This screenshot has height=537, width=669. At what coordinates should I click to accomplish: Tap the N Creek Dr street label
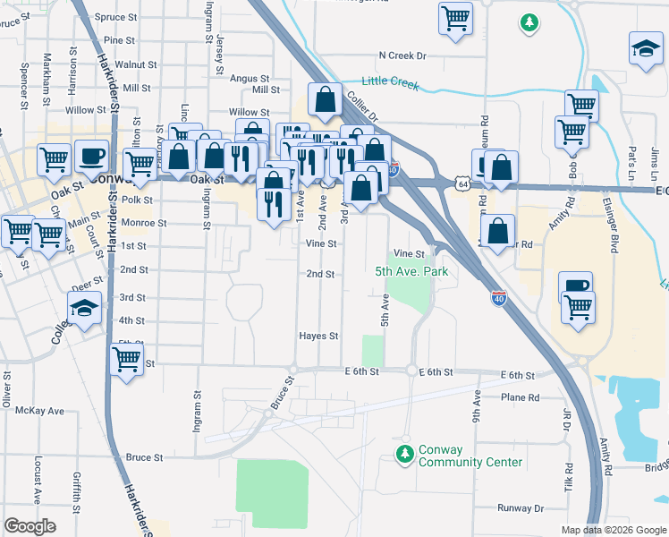pyautogui.click(x=402, y=55)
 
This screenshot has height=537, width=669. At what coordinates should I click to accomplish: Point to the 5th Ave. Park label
pyautogui.click(x=411, y=271)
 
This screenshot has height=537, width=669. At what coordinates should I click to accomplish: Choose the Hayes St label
pyautogui.click(x=319, y=337)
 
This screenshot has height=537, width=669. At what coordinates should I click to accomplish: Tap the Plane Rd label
pyautogui.click(x=521, y=397)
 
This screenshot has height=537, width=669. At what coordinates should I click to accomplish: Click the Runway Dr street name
pyautogui.click(x=521, y=508)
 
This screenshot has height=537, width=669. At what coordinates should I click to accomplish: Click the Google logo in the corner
pyautogui.click(x=30, y=526)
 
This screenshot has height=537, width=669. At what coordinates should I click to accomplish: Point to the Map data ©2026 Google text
pyautogui.click(x=613, y=530)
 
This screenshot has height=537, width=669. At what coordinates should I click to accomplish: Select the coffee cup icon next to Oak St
pyautogui.click(x=91, y=156)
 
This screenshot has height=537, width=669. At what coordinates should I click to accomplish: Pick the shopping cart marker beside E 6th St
pyautogui.click(x=126, y=360)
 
